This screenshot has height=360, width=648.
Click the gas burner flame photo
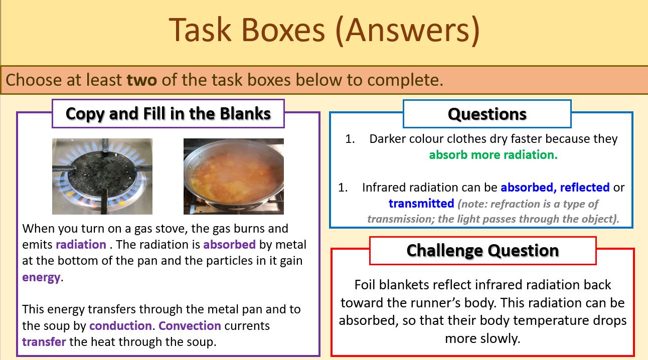click(x=102, y=176)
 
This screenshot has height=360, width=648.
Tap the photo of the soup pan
click(x=234, y=176)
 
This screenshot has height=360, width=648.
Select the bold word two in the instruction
click(x=142, y=80)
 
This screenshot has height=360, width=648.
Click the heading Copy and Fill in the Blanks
click(x=168, y=113)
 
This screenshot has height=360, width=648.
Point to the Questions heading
click(x=487, y=114)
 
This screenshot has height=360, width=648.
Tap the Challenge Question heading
click(x=482, y=250)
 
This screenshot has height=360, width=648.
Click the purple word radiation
click(x=81, y=245)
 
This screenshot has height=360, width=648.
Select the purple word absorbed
click(x=230, y=245)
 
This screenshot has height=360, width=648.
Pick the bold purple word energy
click(x=41, y=277)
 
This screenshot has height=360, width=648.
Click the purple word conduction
click(x=120, y=325)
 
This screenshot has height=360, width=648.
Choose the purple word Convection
click(x=190, y=325)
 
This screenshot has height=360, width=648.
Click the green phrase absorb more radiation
click(x=493, y=155)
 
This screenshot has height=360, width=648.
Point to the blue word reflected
click(x=585, y=188)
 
